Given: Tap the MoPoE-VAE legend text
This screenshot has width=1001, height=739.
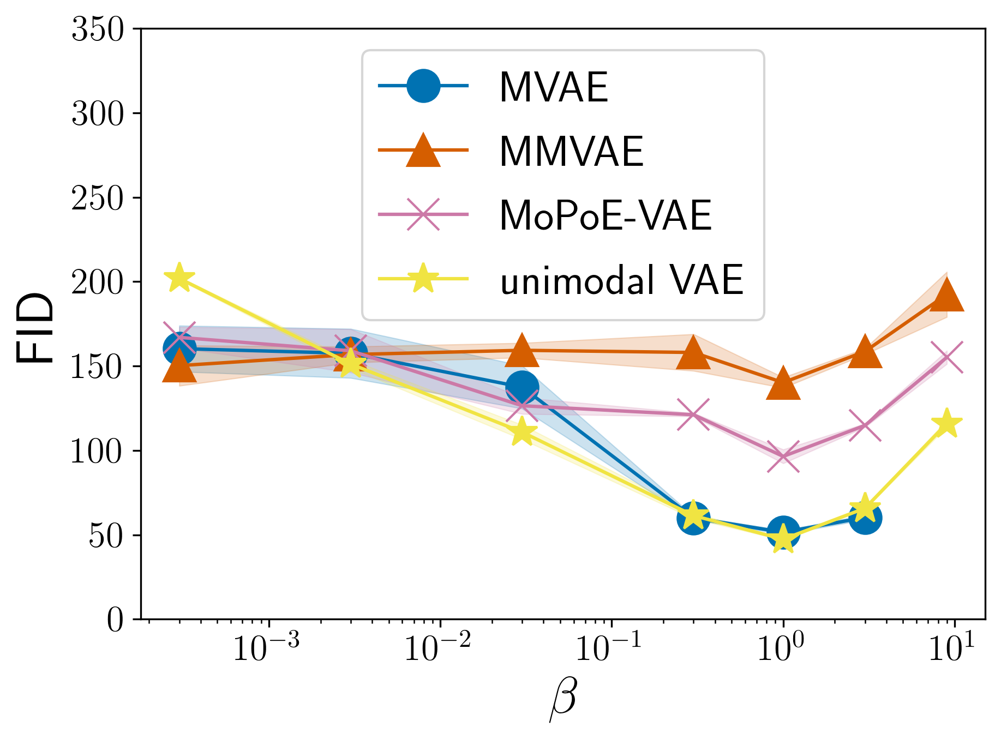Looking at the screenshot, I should click(606, 215).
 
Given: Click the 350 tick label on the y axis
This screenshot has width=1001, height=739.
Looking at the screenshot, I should click(98, 29).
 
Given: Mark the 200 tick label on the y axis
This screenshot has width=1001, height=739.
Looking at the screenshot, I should click(98, 283).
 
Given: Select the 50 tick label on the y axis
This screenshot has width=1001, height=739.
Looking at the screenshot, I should click(106, 536).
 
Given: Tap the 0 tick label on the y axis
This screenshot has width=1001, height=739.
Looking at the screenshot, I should click(115, 620).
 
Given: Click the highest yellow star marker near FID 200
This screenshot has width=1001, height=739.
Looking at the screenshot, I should click(179, 278).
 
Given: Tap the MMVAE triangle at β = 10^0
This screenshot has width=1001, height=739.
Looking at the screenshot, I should click(783, 383).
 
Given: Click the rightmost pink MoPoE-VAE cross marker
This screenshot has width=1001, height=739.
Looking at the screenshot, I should click(946, 357).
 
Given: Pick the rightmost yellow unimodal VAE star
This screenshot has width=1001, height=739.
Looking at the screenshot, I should click(946, 423).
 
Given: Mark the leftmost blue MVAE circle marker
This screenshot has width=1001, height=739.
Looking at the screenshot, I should click(179, 349).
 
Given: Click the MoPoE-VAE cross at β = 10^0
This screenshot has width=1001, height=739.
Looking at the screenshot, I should click(783, 456).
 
